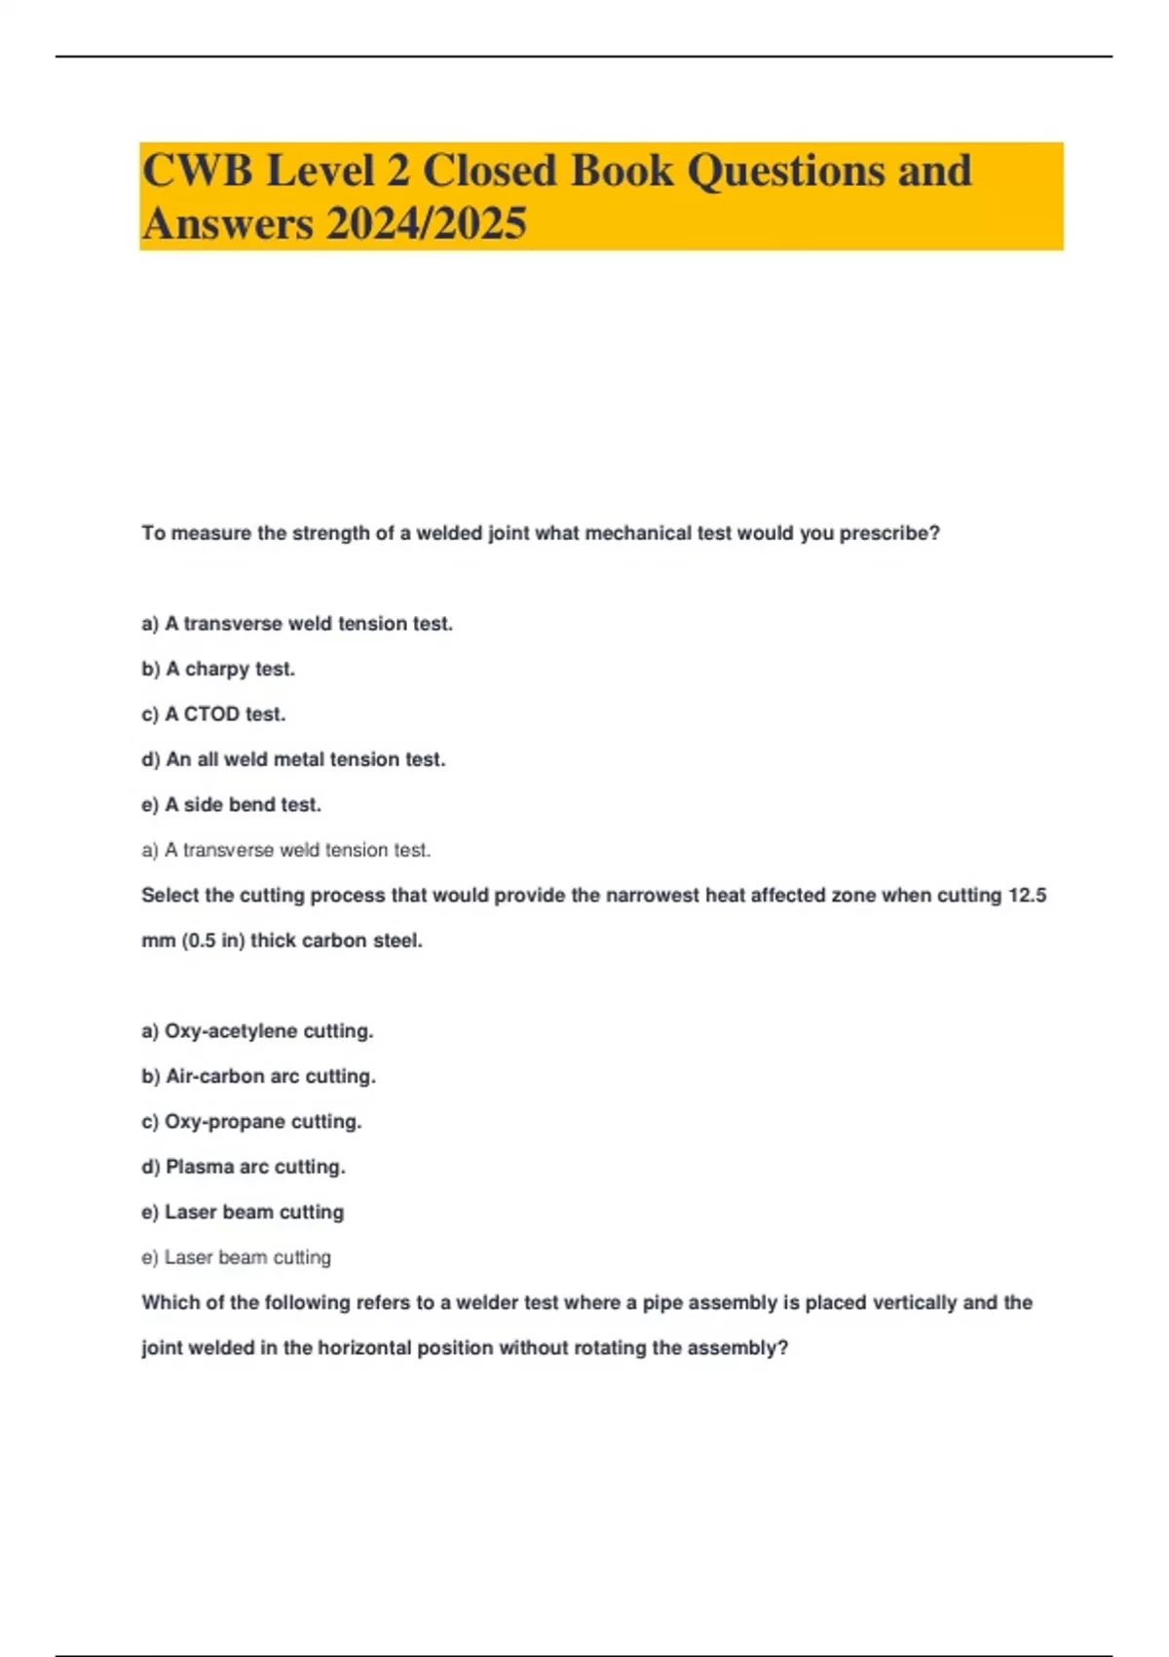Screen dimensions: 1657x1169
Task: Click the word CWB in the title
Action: click(x=198, y=171)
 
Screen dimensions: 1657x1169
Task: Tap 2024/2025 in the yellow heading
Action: click(x=426, y=223)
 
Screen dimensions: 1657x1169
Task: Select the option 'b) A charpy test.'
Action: click(x=218, y=669)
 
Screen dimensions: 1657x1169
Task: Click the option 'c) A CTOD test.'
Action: click(x=213, y=714)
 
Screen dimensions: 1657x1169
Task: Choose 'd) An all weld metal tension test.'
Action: click(x=293, y=759)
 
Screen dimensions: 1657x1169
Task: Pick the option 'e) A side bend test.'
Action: click(x=231, y=805)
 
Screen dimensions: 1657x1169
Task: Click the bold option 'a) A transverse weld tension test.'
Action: click(x=297, y=624)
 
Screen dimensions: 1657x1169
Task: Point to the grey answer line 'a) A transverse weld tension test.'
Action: click(x=285, y=850)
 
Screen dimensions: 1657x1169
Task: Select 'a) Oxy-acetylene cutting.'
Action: click(x=257, y=1031)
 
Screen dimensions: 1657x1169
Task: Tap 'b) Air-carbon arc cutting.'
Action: click(x=258, y=1076)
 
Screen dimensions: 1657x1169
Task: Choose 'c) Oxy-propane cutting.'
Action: click(x=251, y=1122)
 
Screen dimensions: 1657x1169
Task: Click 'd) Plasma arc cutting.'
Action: click(x=244, y=1167)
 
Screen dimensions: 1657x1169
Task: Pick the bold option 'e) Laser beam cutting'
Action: click(x=243, y=1213)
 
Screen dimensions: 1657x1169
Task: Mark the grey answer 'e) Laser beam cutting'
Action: click(x=236, y=1257)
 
